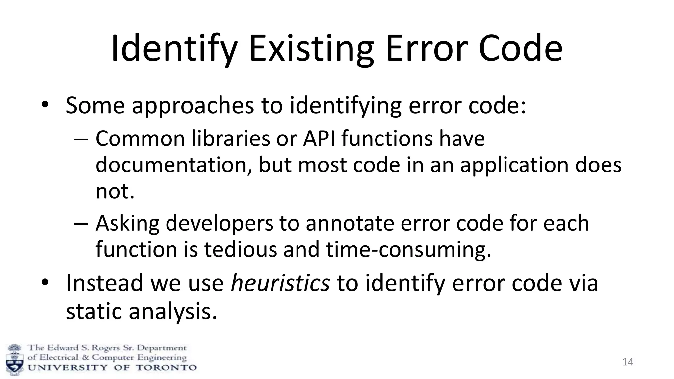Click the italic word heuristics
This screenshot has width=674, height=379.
(x=280, y=283)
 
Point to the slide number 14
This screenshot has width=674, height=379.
(x=628, y=362)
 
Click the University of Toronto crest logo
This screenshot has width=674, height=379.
(x=15, y=359)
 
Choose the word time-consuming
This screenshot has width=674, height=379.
(x=408, y=249)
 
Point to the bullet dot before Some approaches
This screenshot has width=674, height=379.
(x=45, y=105)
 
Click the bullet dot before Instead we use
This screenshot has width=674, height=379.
(x=45, y=283)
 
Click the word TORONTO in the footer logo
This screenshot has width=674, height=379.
(x=166, y=367)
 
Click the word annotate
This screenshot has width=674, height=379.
(x=350, y=224)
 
